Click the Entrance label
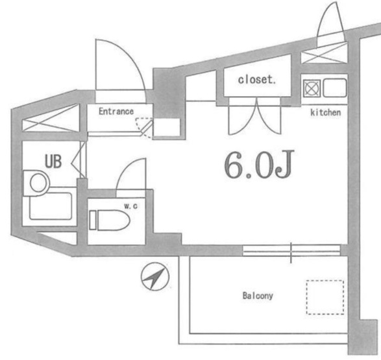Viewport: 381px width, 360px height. point(116,112)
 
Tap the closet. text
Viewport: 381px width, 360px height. point(257,80)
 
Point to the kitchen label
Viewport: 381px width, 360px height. point(326,112)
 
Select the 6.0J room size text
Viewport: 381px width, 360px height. point(259,164)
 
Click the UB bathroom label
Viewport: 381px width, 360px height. point(53,161)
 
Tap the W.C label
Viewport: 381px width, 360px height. point(130,206)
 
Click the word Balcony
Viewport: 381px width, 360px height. point(258,295)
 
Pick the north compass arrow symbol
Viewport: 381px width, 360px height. point(156,276)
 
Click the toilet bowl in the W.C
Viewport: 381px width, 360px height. point(110,220)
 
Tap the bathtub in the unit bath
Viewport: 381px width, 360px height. point(51,206)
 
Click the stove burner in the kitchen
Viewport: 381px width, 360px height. point(312,88)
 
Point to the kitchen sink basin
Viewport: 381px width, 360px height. point(334,88)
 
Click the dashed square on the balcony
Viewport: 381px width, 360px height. point(325,297)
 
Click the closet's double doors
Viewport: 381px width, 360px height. point(255,116)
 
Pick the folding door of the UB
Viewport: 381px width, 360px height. point(79,161)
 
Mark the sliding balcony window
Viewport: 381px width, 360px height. point(291,250)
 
